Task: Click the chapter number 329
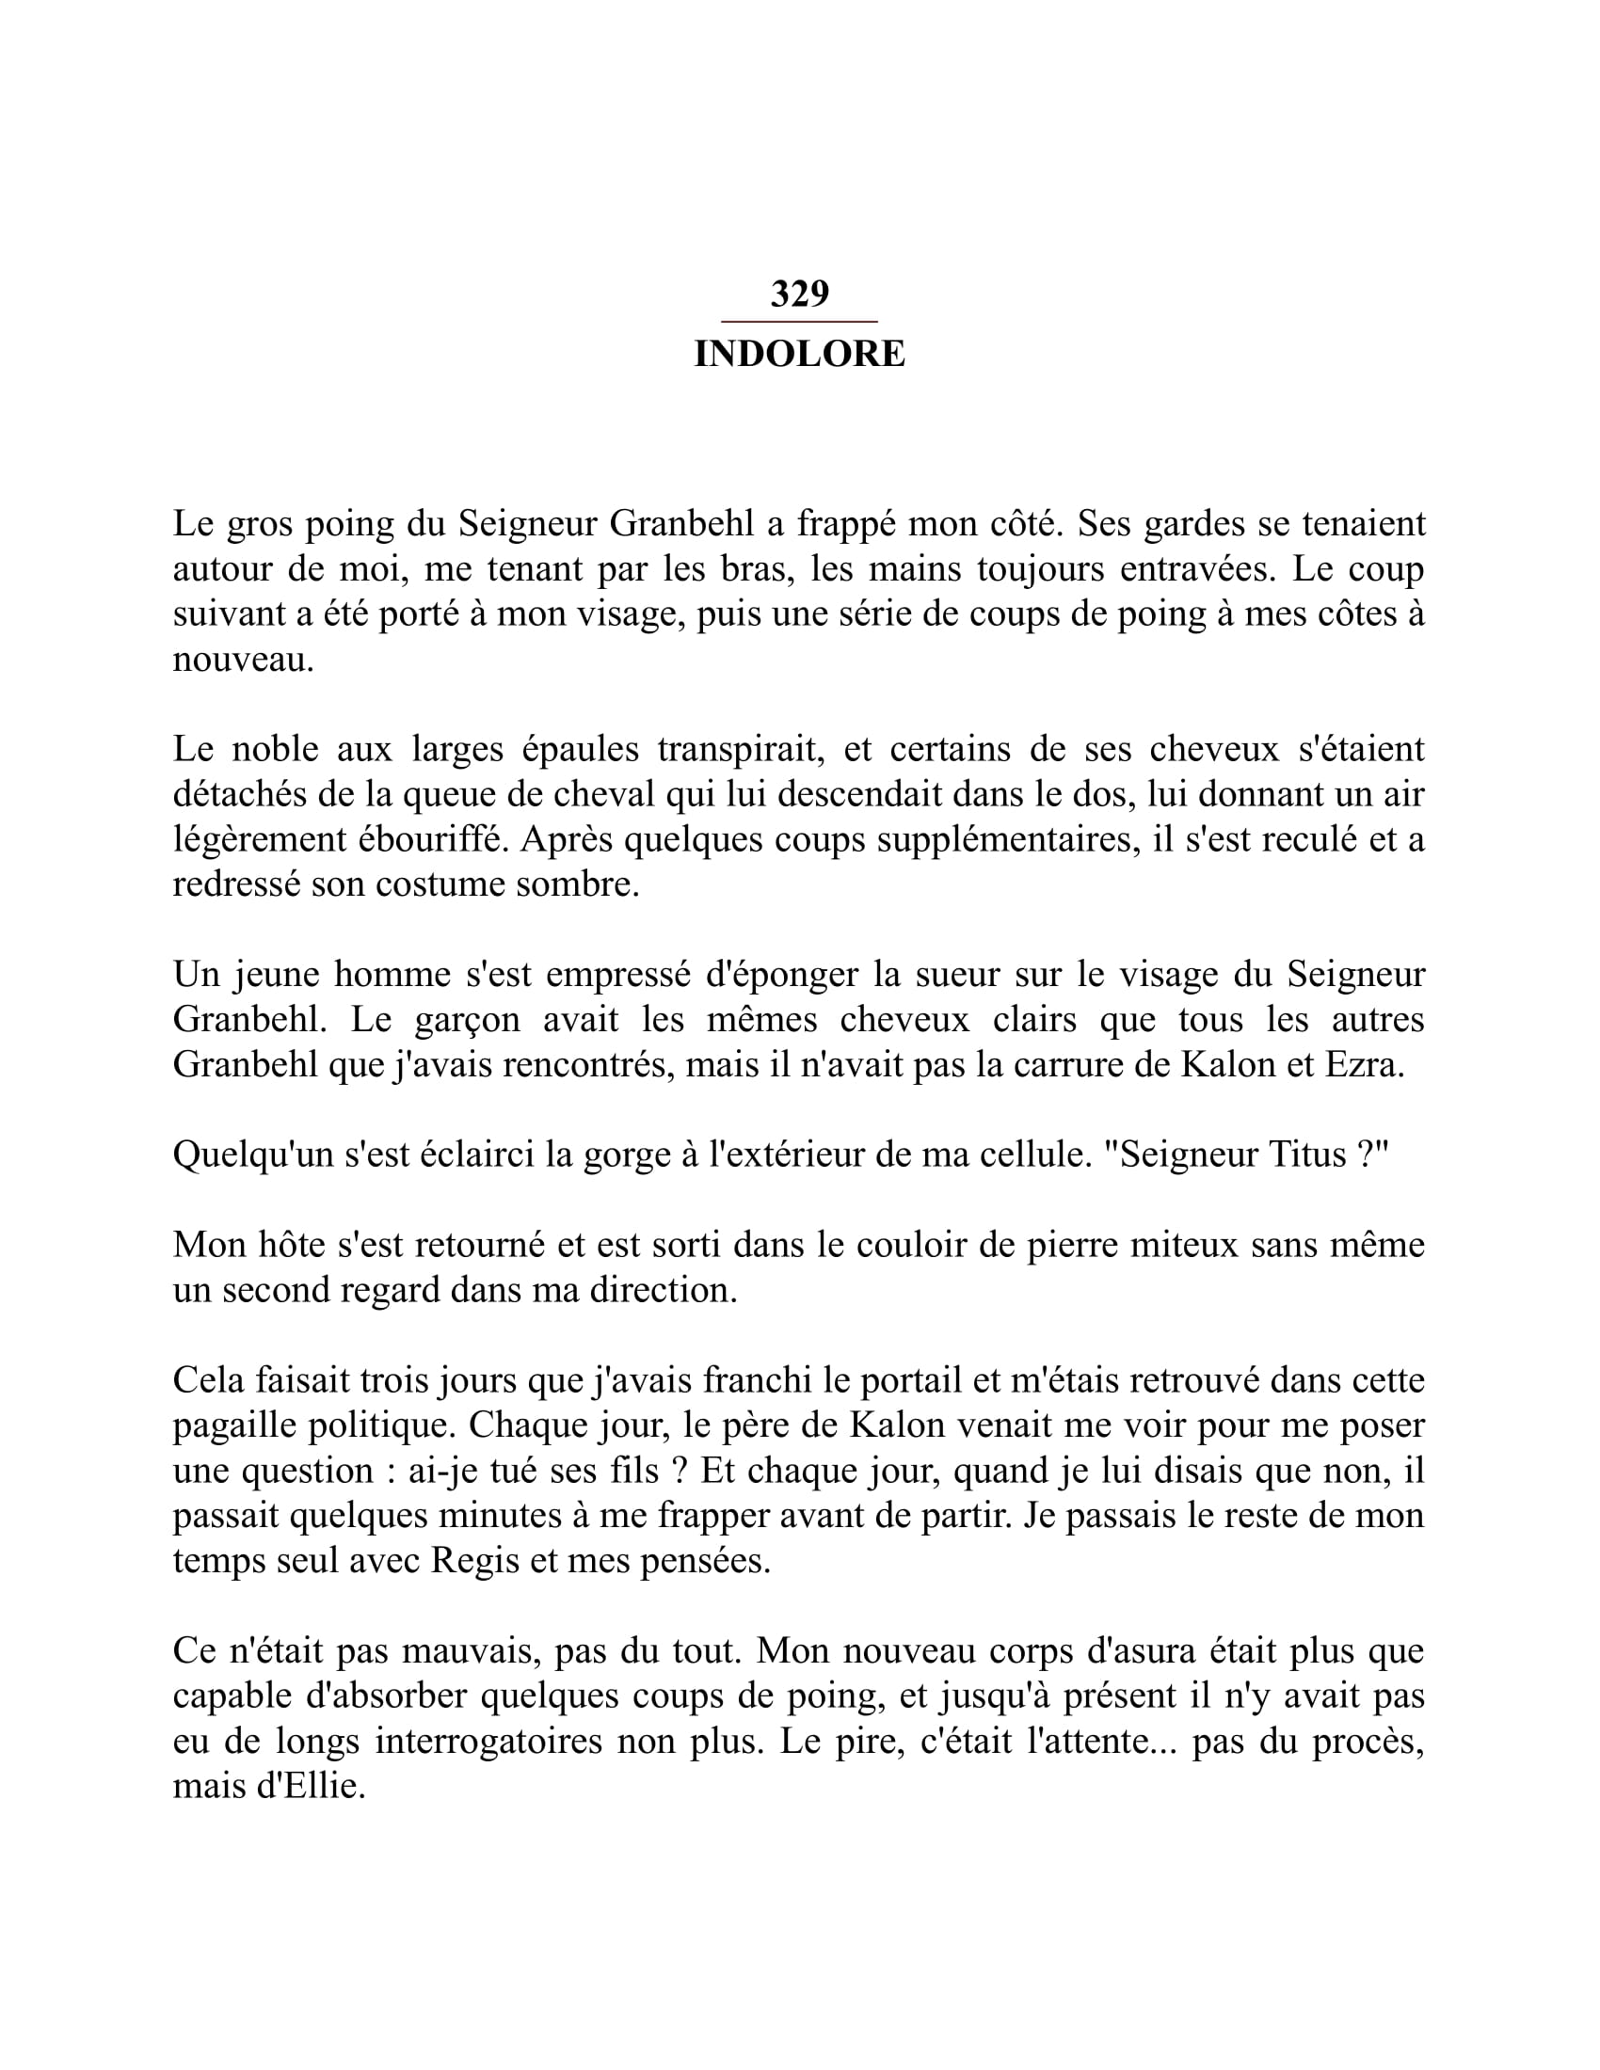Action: click(x=799, y=294)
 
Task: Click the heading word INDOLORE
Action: click(x=799, y=355)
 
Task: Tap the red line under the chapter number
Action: click(x=799, y=322)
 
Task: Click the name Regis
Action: click(x=475, y=1560)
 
